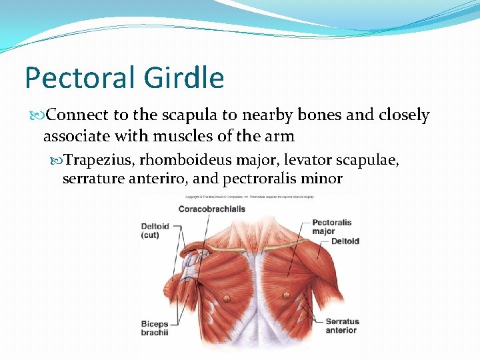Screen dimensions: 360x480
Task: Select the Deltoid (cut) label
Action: point(155,231)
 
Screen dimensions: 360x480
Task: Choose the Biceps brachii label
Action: point(155,328)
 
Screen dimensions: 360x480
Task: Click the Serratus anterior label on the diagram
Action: point(341,326)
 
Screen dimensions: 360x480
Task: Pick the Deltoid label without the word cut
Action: point(345,241)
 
